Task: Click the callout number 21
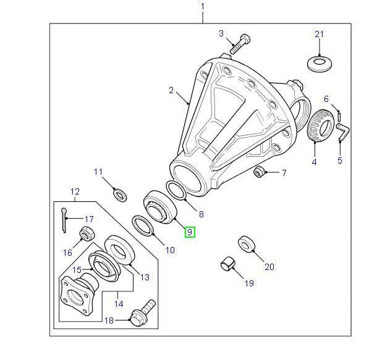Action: pos(319,33)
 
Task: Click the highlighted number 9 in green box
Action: pos(190,232)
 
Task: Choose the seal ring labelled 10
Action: pos(143,225)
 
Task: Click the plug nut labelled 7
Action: pos(260,172)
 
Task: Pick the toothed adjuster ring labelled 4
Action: pos(318,127)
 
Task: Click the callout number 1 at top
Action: pos(202,7)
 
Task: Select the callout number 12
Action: pos(75,191)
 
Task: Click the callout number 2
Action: pos(171,90)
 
